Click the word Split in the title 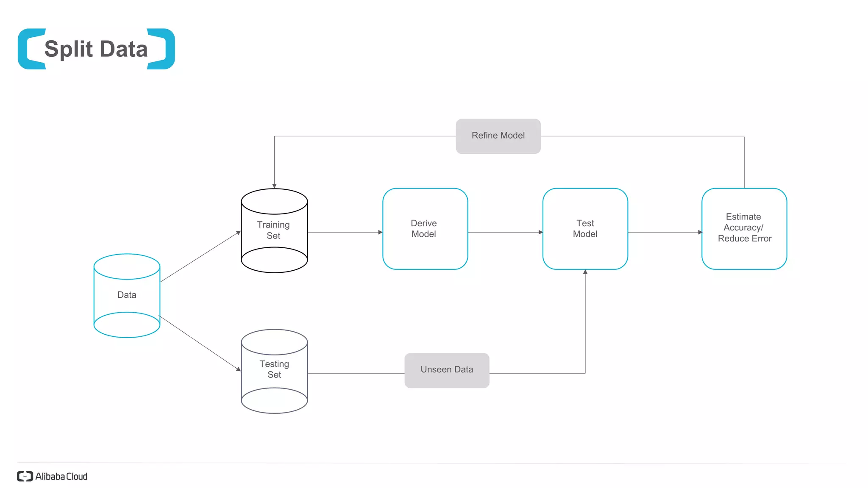click(x=68, y=49)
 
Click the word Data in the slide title click(x=124, y=49)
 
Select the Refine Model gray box click(x=498, y=136)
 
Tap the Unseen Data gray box click(x=447, y=370)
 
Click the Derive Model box click(x=425, y=229)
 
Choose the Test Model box click(x=585, y=229)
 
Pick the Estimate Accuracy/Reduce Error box click(x=744, y=229)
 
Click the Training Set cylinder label click(x=273, y=230)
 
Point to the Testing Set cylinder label click(x=274, y=369)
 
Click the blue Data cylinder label click(x=127, y=295)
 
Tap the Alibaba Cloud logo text click(x=61, y=477)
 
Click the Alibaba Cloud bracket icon click(x=25, y=476)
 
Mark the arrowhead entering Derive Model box click(x=380, y=232)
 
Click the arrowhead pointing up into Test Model click(x=585, y=272)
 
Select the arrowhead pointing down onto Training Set click(x=274, y=186)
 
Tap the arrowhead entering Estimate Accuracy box click(x=700, y=232)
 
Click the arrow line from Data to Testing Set click(x=199, y=343)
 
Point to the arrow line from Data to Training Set click(x=199, y=257)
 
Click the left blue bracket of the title click(x=30, y=49)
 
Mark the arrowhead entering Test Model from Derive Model click(x=540, y=232)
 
